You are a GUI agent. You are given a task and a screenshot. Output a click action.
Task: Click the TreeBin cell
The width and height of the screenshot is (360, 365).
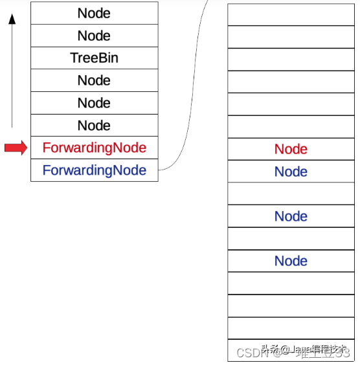94,58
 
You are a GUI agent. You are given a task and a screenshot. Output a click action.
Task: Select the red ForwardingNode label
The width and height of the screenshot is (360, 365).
94,148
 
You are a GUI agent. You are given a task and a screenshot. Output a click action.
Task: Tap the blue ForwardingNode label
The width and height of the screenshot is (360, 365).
94,171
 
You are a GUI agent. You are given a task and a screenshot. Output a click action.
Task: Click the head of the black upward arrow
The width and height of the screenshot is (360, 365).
12,19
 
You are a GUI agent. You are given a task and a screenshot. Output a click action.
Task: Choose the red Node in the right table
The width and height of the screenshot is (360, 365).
291,149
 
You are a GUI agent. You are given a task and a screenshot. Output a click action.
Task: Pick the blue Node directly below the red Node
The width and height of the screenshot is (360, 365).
291,171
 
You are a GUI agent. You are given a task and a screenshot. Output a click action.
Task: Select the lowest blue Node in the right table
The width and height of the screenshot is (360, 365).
291,261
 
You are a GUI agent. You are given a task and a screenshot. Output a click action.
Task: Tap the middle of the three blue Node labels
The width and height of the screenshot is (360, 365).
291,216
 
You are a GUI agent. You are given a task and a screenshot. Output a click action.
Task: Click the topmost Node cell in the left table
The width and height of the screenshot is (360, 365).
94,13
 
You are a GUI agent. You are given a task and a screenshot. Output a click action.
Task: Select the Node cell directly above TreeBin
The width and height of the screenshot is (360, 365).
94,36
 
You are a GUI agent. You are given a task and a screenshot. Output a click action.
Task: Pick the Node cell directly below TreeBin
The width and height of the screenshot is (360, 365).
94,80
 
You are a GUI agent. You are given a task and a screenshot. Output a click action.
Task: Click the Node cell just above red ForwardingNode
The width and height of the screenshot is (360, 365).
94,126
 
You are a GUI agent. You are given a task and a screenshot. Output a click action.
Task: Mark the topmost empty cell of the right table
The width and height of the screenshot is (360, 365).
291,14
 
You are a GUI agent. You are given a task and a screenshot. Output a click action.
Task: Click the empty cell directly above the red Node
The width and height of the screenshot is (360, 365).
291,127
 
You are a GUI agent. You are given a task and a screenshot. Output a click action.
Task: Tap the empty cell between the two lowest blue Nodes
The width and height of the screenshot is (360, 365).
291,239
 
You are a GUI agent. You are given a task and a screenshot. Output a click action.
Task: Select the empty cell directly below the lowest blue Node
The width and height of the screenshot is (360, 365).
291,283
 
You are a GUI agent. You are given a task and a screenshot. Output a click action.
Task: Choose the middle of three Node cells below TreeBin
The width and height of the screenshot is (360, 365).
94,103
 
